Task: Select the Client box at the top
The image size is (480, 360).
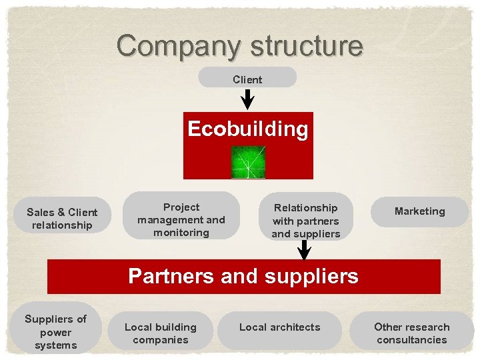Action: [247, 79]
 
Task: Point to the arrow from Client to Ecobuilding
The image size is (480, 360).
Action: [247, 99]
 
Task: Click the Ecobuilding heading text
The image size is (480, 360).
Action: [247, 129]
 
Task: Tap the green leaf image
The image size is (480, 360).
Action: [248, 162]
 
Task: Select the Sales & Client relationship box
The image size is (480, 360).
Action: [62, 219]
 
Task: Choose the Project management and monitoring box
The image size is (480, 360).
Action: [181, 219]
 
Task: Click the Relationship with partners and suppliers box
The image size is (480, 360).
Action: [305, 221]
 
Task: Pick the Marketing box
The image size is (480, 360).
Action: [419, 211]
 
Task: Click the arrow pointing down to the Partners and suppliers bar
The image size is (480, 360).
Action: [305, 250]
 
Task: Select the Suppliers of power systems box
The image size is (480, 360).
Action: [55, 332]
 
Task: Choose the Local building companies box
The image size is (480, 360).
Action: [161, 333]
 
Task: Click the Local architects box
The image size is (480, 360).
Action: [279, 327]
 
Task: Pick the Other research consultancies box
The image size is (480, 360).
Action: [411, 333]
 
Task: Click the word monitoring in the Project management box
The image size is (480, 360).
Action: [181, 233]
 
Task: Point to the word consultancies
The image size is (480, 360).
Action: [411, 340]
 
